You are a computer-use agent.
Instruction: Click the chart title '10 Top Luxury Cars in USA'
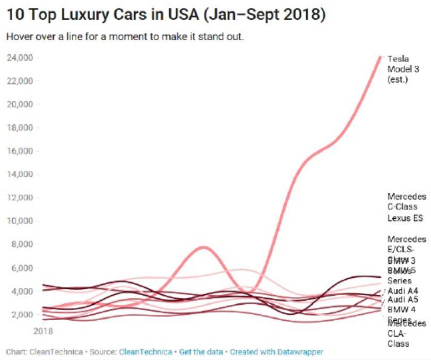[165, 14]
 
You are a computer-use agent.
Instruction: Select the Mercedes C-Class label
[407, 201]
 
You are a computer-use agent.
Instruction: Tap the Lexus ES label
[405, 218]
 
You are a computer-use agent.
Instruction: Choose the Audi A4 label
[402, 290]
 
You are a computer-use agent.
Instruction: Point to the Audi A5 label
[402, 299]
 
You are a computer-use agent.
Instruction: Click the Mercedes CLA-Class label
[406, 333]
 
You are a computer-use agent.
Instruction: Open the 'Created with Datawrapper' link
[276, 352]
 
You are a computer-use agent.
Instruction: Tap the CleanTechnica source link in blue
[145, 352]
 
